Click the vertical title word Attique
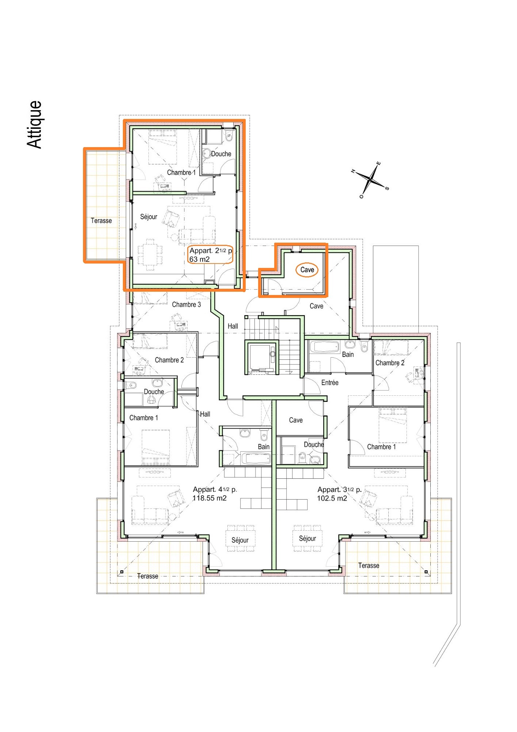coord(35,125)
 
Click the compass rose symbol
coord(370,180)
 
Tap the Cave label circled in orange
coord(307,270)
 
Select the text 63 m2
coord(199,259)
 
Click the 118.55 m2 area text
coord(210,498)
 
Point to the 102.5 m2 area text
coord(332,498)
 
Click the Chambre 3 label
coord(186,305)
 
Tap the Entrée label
coord(329,382)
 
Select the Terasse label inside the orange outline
coord(101,221)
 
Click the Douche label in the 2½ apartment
coord(221,154)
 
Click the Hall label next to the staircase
coord(233,326)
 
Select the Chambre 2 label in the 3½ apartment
coord(390,363)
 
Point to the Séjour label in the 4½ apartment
coord(240,540)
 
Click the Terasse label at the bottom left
coord(147,576)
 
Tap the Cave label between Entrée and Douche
coord(295,420)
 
